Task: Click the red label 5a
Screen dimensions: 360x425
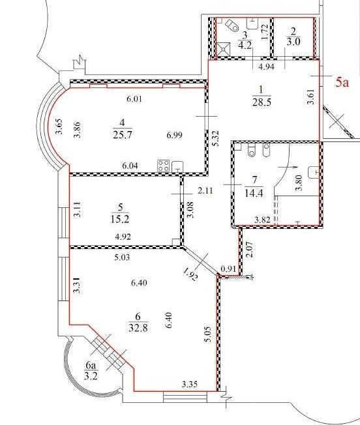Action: click(342, 82)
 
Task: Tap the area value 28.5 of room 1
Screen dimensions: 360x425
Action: click(262, 102)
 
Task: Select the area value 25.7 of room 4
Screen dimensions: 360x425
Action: click(122, 134)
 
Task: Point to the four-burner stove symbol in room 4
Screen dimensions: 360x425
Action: click(164, 166)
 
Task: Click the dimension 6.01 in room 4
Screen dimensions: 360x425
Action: click(134, 99)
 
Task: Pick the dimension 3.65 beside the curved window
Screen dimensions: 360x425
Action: click(59, 126)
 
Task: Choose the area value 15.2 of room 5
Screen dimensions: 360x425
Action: click(120, 219)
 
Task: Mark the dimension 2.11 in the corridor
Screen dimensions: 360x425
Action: click(205, 190)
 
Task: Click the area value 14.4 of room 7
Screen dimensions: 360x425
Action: click(254, 193)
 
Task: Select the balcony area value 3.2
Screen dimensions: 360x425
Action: click(91, 376)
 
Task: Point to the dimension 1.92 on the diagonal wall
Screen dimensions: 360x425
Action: click(191, 274)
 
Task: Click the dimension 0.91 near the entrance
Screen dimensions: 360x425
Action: click(228, 269)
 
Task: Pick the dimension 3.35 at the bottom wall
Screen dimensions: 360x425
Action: click(190, 384)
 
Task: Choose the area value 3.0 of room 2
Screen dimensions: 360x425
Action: click(293, 42)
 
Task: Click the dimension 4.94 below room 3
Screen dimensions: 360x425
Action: click(267, 66)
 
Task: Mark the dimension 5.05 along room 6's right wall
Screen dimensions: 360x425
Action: click(208, 334)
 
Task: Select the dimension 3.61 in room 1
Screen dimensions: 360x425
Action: click(311, 96)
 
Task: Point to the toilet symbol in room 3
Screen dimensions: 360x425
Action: click(232, 25)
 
